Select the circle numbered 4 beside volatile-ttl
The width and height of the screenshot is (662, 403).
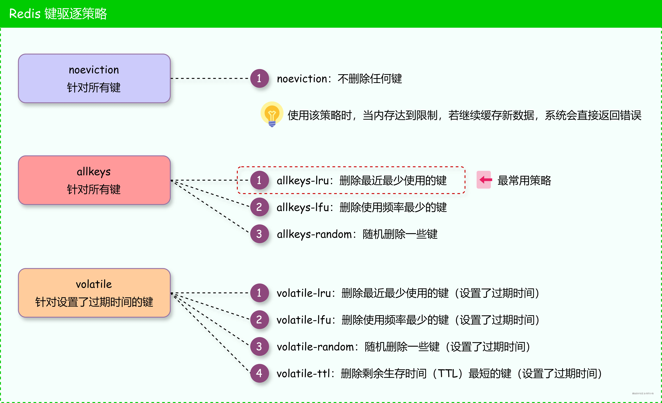click(x=259, y=373)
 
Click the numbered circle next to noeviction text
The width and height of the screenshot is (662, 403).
click(x=259, y=78)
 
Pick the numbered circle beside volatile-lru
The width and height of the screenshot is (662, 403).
click(x=259, y=293)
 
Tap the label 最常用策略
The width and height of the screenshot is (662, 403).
click(x=524, y=180)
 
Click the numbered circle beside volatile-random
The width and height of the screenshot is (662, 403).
click(x=259, y=347)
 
